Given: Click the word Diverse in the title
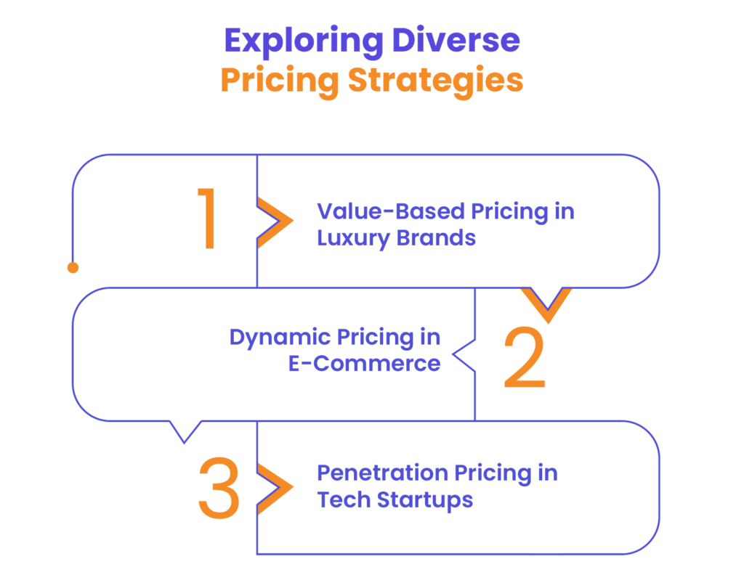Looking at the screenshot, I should (x=456, y=41).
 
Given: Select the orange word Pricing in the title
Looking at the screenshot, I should (x=279, y=82).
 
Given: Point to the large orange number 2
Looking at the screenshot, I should (x=524, y=356).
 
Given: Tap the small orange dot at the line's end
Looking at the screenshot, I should (x=73, y=268).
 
